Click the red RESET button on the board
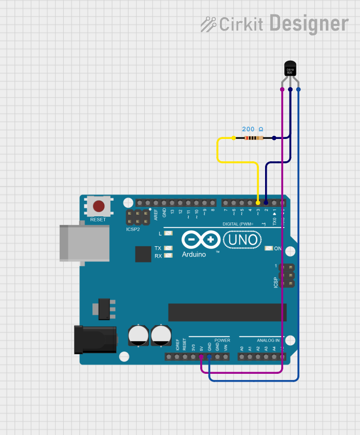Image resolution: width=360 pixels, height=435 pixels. pyautogui.click(x=98, y=206)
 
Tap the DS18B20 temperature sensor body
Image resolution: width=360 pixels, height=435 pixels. pyautogui.click(x=290, y=69)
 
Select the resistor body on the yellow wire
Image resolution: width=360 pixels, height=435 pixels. pyautogui.click(x=253, y=138)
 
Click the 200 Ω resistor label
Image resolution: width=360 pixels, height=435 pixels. pyautogui.click(x=253, y=129)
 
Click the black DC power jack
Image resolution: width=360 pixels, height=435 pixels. pyautogui.click(x=95, y=339)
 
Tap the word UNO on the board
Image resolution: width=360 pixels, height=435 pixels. pyautogui.click(x=243, y=240)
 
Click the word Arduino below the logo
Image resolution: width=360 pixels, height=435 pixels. pyautogui.click(x=194, y=255)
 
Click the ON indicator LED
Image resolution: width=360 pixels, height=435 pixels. pyautogui.click(x=268, y=249)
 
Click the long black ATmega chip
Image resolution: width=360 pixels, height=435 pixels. pyautogui.click(x=227, y=312)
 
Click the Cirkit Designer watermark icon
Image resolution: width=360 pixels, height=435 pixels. pyautogui.click(x=209, y=24)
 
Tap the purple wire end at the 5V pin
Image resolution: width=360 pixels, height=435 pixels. pyautogui.click(x=201, y=357)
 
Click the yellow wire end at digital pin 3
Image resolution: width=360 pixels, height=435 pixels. pyautogui.click(x=258, y=202)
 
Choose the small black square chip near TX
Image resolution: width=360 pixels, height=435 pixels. pyautogui.click(x=143, y=254)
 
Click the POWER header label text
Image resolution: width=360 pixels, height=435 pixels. pyautogui.click(x=222, y=341)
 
